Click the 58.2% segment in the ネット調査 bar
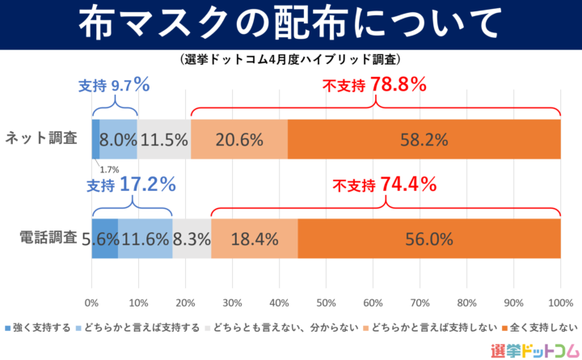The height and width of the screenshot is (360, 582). (424, 139)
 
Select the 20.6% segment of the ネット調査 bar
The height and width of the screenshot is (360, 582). (239, 139)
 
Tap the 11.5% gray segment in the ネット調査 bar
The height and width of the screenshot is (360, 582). (164, 139)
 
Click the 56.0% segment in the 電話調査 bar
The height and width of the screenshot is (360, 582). (429, 239)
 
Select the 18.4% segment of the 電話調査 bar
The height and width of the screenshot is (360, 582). (255, 239)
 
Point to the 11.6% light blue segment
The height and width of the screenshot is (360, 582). (145, 239)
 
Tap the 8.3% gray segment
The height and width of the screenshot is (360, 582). (192, 239)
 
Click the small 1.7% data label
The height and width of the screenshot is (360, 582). (109, 169)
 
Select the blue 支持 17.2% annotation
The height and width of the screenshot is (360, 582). (131, 184)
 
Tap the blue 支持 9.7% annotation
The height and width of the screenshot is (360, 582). (114, 84)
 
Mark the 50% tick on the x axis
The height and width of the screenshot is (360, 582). (326, 303)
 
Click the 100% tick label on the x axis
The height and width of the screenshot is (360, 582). (560, 303)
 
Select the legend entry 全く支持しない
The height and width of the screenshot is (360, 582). (544, 328)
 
